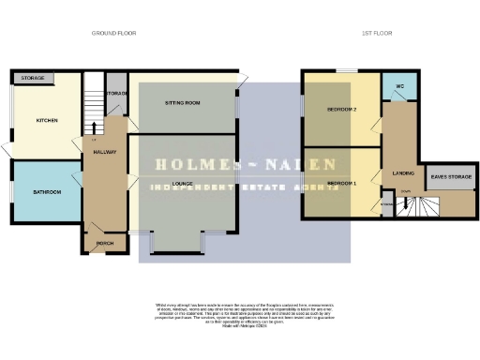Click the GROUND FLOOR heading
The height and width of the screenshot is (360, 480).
point(113,33)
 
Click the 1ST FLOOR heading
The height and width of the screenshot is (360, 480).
point(377,33)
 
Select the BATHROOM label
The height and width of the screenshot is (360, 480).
point(47,192)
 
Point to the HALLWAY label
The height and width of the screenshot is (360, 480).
point(104,151)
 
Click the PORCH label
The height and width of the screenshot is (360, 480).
point(104,243)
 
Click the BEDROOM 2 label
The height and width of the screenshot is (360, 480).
point(341,110)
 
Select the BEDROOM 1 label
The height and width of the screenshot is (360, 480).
point(341,183)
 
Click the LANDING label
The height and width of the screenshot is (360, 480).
point(404,173)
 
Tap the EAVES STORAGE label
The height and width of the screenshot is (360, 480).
point(450,176)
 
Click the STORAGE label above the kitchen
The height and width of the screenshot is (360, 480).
point(34,78)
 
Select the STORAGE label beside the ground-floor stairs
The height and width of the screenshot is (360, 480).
point(117,94)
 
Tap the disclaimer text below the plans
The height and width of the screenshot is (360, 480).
point(239,313)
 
